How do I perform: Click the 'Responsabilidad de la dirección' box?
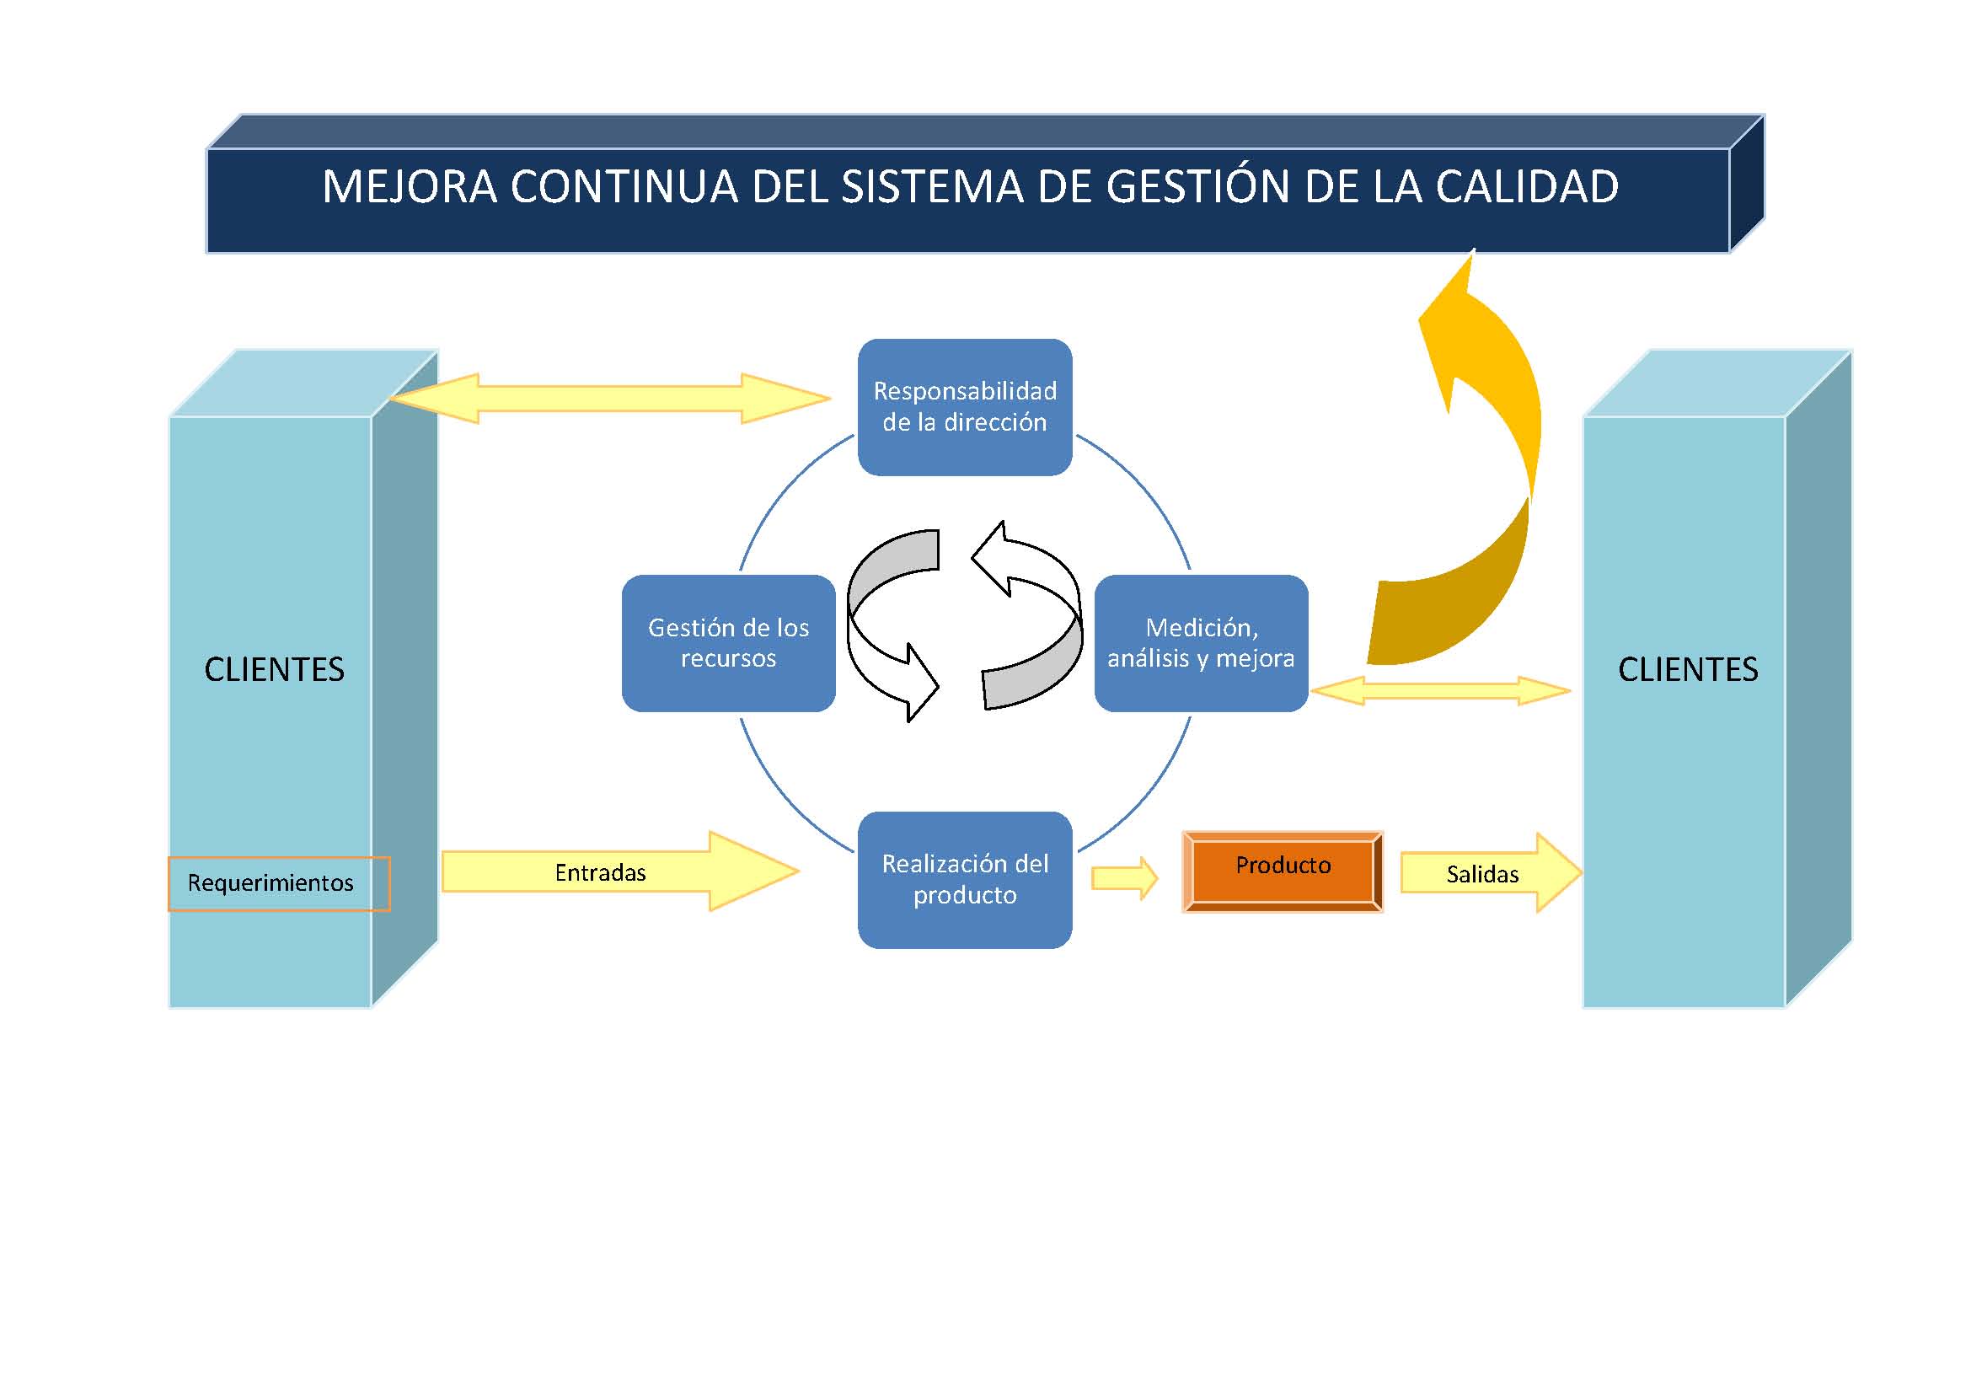(x=965, y=407)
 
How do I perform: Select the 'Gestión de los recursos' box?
(x=728, y=643)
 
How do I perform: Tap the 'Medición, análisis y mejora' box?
(x=1201, y=643)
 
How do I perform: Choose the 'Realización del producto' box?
(x=965, y=879)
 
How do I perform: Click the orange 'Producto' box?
(x=1283, y=871)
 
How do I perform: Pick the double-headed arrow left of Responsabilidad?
(x=609, y=399)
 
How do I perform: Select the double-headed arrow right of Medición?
(x=1440, y=690)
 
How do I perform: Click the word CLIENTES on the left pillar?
(x=274, y=669)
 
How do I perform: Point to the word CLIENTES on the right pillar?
(x=1688, y=669)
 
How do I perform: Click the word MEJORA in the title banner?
(x=410, y=187)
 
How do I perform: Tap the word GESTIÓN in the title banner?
(x=1197, y=187)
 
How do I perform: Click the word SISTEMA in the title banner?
(x=932, y=187)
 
